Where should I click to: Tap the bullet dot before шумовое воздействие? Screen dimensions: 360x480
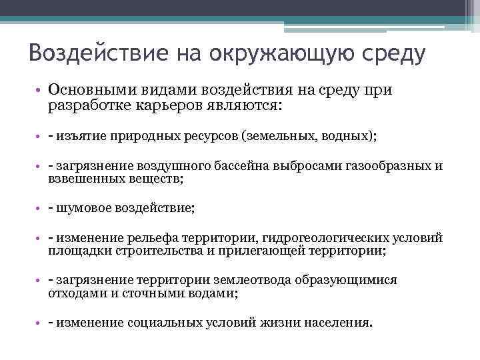pyautogui.click(x=39, y=208)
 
